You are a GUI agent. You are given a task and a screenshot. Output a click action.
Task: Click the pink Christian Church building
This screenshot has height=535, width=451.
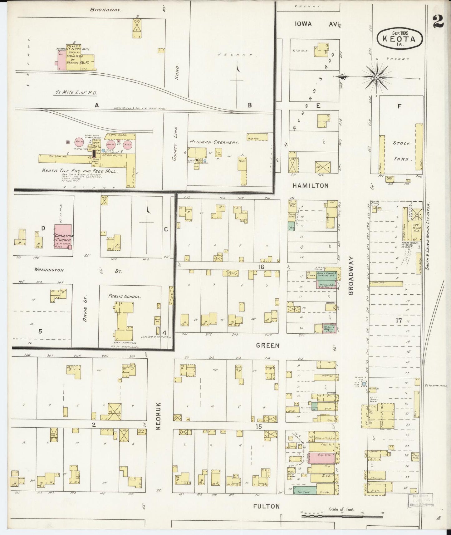(x=63, y=236)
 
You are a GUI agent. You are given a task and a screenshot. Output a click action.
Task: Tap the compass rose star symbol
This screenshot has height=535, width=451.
(x=376, y=76)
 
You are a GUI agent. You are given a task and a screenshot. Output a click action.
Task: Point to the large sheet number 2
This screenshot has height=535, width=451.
(x=439, y=21)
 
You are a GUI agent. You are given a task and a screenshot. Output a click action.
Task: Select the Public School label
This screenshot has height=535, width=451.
(x=125, y=297)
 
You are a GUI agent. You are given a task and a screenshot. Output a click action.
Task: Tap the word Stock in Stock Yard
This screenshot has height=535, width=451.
(x=401, y=143)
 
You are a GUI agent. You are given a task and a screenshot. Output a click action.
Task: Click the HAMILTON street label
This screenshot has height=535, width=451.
(x=310, y=186)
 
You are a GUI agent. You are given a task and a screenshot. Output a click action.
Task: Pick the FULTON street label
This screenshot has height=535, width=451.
(x=267, y=506)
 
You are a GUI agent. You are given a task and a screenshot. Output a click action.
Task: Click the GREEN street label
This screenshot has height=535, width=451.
(x=267, y=346)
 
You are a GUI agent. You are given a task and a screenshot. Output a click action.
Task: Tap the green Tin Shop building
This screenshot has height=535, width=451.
(x=305, y=490)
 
